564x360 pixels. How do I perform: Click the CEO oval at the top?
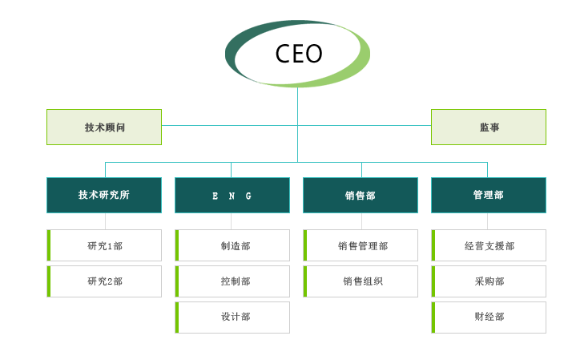tap(298, 54)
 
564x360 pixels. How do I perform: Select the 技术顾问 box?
tap(104, 127)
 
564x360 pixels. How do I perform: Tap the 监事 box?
tap(489, 127)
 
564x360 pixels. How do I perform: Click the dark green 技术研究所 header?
tap(104, 195)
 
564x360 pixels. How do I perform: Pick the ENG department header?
tap(232, 195)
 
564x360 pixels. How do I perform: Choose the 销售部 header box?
tap(361, 195)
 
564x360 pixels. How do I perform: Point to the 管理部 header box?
tap(489, 195)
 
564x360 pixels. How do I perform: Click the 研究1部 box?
tap(105, 245)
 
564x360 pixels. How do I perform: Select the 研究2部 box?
tap(105, 281)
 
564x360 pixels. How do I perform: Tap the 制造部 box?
tap(233, 245)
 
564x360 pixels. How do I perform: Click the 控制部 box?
tap(233, 281)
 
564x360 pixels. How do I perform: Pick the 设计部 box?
tap(233, 318)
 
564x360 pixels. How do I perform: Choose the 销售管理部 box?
tap(361, 245)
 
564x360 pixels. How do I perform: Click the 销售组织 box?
tap(361, 281)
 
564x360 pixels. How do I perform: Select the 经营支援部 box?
tap(489, 245)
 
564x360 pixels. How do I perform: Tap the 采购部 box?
tap(489, 281)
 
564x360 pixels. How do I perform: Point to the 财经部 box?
tap(489, 318)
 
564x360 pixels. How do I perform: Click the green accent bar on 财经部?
tap(433, 318)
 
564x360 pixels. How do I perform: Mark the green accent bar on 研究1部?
tap(49, 245)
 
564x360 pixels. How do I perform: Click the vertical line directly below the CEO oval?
tap(298, 104)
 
